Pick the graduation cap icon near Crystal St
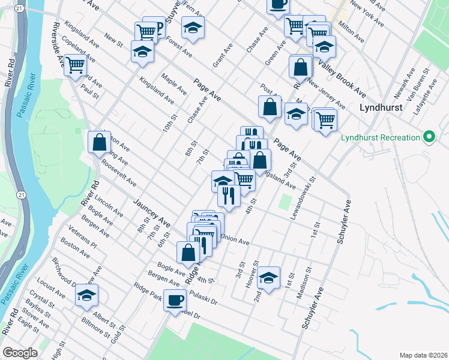[x=87, y=295]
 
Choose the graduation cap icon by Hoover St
[x=269, y=277]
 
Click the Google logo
[x=20, y=353]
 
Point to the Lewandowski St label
[x=303, y=197]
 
